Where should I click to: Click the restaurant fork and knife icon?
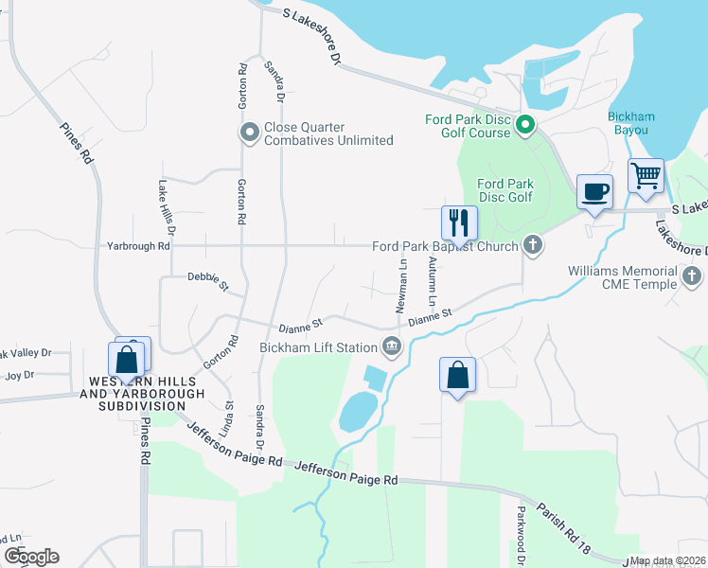point(459,222)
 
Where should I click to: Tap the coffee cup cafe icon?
point(594,192)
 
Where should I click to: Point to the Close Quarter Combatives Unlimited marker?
point(250,133)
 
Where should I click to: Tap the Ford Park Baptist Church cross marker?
point(533,246)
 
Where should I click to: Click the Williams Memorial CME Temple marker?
point(693,277)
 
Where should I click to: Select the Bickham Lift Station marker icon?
point(392,347)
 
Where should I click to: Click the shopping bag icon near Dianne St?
point(458,374)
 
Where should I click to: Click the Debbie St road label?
point(207,282)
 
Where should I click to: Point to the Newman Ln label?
point(403,287)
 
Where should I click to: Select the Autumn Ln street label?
point(432,281)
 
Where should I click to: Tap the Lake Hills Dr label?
point(168,208)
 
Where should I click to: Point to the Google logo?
point(31,556)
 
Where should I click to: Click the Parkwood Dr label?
point(521,531)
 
